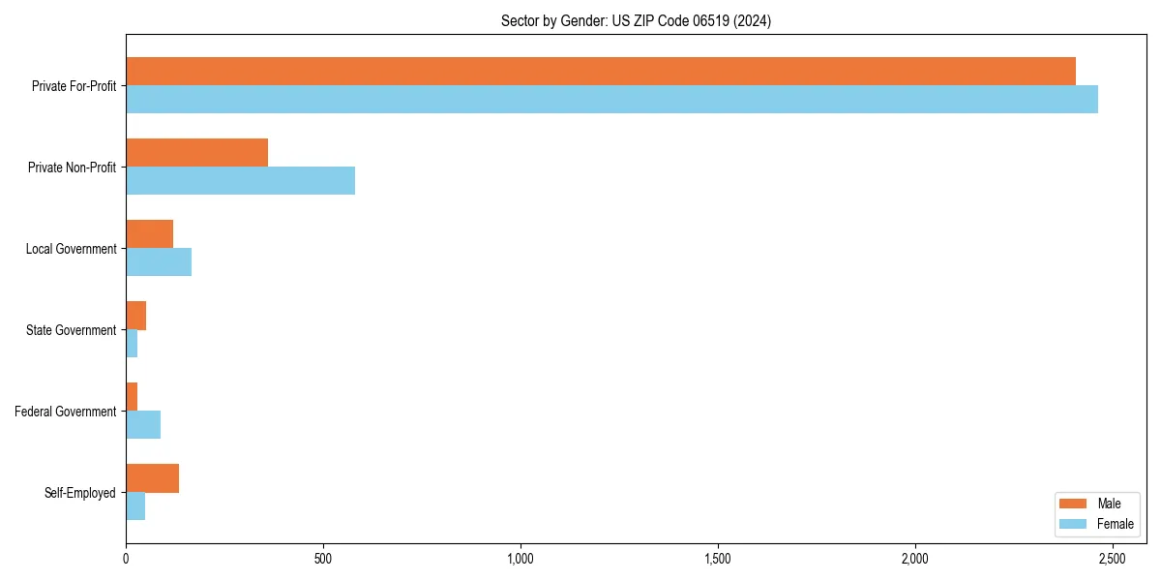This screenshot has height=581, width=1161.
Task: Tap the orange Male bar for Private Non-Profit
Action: coord(196,152)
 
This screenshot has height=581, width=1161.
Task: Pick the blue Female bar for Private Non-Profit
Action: coord(240,180)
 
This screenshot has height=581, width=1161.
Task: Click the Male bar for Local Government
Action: coord(149,233)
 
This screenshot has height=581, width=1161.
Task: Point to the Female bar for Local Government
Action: coord(159,261)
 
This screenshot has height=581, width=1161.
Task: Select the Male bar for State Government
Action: coord(135,316)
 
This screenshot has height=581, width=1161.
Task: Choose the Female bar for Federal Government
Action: coord(143,425)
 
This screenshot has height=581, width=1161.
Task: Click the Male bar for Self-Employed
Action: coord(152,478)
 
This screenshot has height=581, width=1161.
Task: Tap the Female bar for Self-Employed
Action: coord(135,506)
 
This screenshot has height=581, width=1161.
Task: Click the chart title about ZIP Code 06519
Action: coord(636,20)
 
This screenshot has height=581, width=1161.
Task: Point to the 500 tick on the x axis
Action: coord(323,559)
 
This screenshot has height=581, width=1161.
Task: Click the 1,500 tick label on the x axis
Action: coord(717,559)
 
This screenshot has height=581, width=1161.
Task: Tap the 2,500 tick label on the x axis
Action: coord(1112,559)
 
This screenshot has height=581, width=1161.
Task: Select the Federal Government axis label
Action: coord(66,412)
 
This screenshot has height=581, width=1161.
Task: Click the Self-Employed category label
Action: coord(80,493)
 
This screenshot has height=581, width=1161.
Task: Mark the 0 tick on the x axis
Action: coord(126,559)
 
